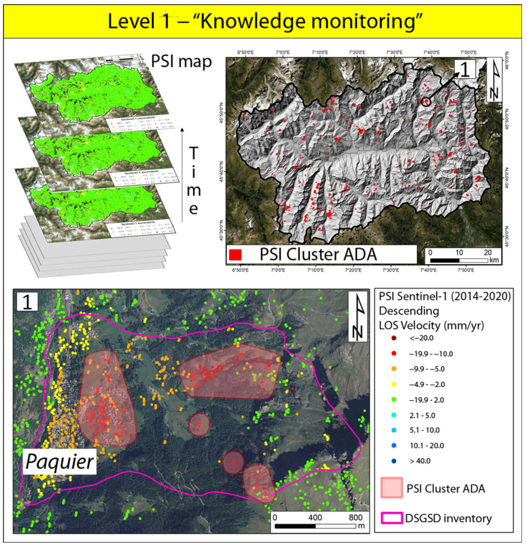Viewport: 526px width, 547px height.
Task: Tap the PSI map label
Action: point(181,61)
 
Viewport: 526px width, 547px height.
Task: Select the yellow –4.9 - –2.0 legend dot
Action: point(394,384)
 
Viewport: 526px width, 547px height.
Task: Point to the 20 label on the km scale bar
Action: point(488,253)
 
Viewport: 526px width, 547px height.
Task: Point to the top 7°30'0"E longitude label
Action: point(394,52)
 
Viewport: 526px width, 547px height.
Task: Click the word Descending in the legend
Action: point(409,311)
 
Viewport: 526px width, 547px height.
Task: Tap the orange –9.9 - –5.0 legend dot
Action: point(394,369)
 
